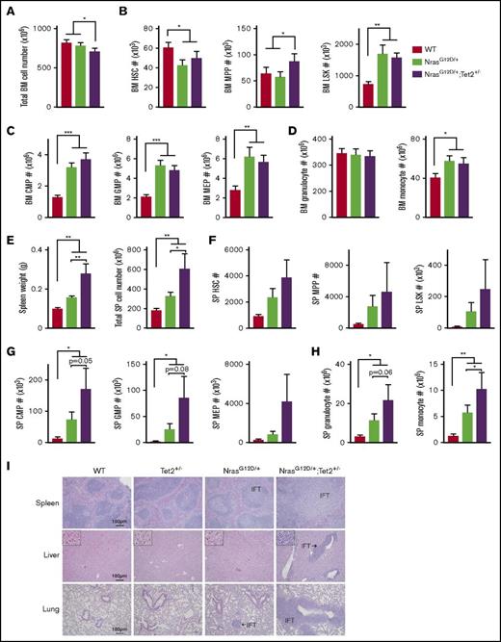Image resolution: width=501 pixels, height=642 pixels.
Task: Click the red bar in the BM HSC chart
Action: pyautogui.click(x=169, y=63)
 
